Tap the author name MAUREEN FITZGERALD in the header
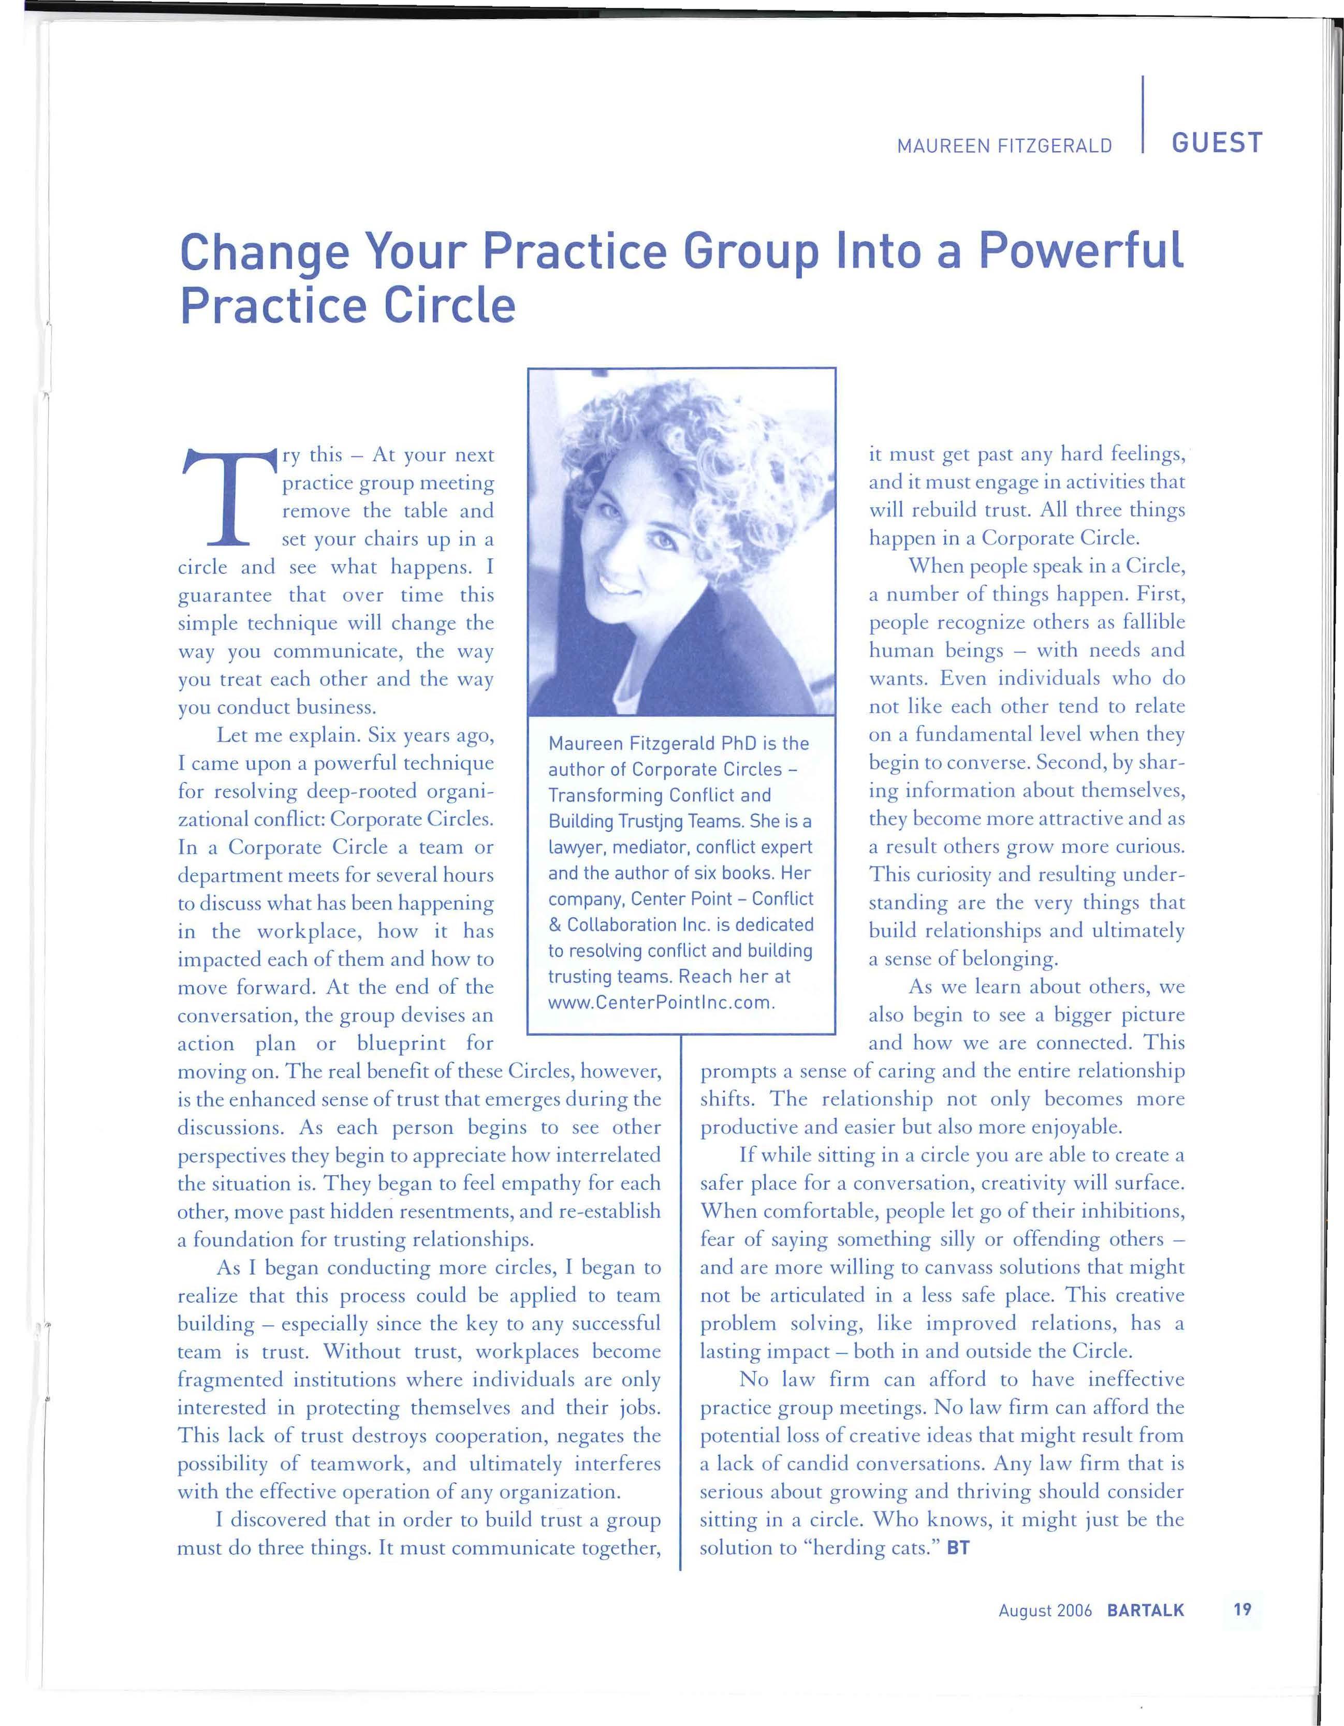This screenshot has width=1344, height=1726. pyautogui.click(x=1004, y=146)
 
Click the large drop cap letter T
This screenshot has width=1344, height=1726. pyautogui.click(x=230, y=498)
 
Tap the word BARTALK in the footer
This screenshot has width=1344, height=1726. pyautogui.click(x=1146, y=1610)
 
